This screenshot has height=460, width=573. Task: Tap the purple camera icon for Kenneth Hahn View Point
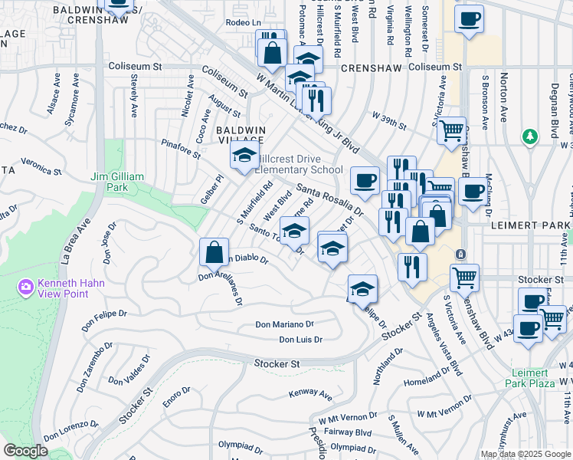point(25,287)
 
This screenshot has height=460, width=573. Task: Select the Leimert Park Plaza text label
point(533,378)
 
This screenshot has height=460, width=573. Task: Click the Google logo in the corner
point(25,451)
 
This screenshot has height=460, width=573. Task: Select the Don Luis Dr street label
point(300,339)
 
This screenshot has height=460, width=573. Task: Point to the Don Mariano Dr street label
point(285,325)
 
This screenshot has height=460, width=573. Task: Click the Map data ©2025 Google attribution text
point(525,454)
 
